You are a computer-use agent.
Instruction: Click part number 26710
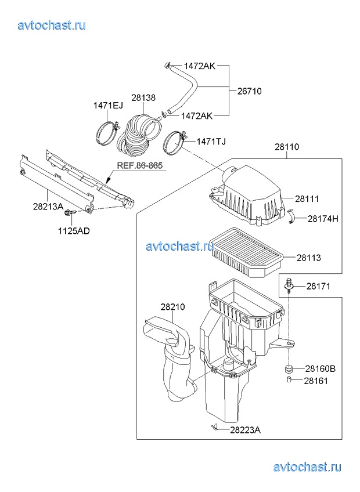(x=250, y=91)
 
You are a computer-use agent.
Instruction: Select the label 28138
(x=143, y=98)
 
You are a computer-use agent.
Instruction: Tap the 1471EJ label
(x=108, y=106)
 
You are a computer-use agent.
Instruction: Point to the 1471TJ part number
(x=211, y=142)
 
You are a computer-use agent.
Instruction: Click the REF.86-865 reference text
(x=140, y=165)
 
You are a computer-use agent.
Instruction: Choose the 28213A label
(x=48, y=207)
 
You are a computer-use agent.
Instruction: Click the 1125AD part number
(x=74, y=231)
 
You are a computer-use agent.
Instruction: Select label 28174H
(x=323, y=219)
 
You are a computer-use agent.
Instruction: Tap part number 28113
(x=309, y=258)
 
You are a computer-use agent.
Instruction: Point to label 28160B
(x=320, y=368)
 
